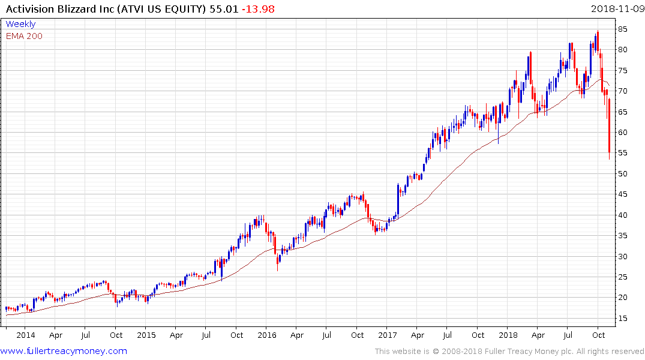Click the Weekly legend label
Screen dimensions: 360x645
pos(20,24)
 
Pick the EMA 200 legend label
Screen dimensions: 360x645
pos(24,36)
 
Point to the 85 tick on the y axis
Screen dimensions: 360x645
pos(624,29)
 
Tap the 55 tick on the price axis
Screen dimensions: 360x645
pos(624,153)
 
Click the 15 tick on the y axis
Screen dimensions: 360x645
pos(624,318)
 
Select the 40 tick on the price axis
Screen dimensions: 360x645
pos(624,215)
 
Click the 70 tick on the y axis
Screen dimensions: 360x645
pos(624,91)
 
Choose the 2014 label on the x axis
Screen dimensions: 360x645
pos(26,335)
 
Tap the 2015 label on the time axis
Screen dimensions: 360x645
pos(146,335)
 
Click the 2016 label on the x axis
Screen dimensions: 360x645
pos(267,335)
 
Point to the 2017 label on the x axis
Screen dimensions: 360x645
pos(388,335)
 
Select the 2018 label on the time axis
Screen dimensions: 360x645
pos(508,335)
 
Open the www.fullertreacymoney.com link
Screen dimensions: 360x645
pos(64,351)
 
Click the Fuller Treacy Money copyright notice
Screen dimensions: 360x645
pos(509,352)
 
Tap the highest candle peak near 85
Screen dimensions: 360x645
pos(598,32)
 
